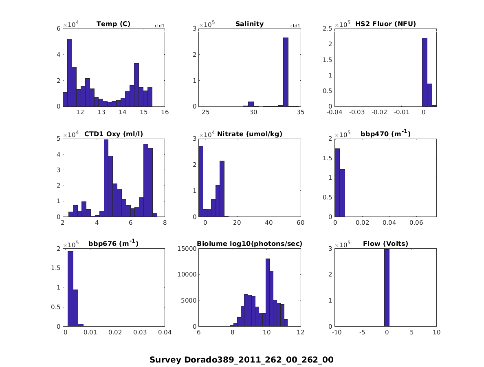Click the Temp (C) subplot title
pyautogui.click(x=113, y=24)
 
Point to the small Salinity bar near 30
pyautogui.click(x=251, y=104)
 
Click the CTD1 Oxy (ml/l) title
pyautogui.click(x=113, y=134)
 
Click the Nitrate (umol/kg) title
pyautogui.click(x=250, y=134)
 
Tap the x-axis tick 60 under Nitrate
pyautogui.click(x=301, y=223)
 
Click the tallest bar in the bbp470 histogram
pyautogui.click(x=337, y=183)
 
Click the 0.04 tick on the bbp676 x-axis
pyautogui.click(x=165, y=333)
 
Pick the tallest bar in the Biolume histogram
pyautogui.click(x=268, y=292)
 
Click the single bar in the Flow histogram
pyautogui.click(x=387, y=288)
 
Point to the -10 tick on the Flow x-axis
pyautogui.click(x=337, y=333)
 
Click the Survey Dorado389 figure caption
pyautogui.click(x=242, y=360)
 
